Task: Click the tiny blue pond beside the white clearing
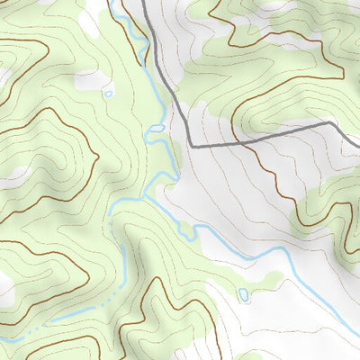(x=109, y=93)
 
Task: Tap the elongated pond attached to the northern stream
(x=157, y=130)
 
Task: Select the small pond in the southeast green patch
(x=243, y=294)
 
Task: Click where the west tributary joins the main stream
(x=145, y=196)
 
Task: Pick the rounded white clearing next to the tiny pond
(x=90, y=81)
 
